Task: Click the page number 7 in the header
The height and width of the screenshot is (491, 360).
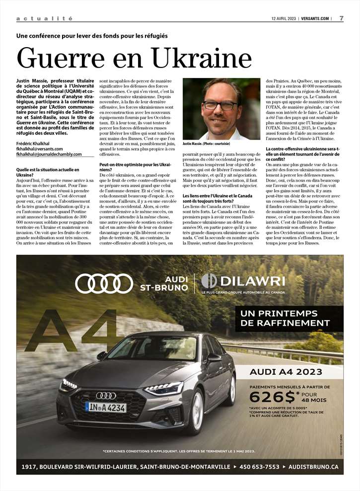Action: [341, 18]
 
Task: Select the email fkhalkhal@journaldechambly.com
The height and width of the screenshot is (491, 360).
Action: [49, 154]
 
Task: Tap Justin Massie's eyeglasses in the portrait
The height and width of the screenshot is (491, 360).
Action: [219, 105]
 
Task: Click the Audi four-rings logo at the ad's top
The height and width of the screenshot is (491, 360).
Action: [104, 283]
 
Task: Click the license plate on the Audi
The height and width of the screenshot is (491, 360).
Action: [106, 407]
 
